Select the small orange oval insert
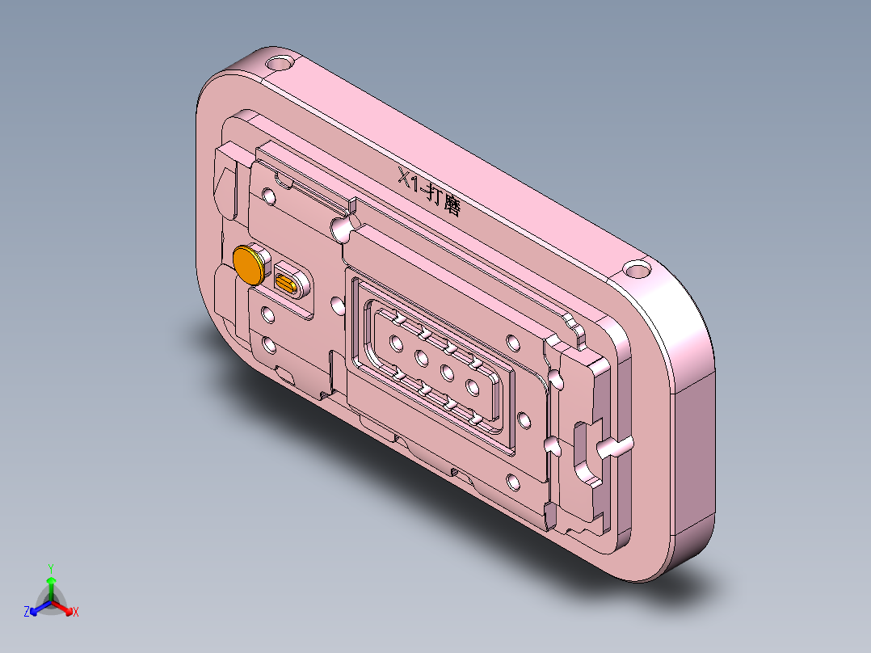click(x=288, y=282)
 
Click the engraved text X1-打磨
click(x=429, y=191)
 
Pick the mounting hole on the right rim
click(x=637, y=268)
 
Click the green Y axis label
click(x=50, y=567)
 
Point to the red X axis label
click(x=76, y=612)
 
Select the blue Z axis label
click(x=27, y=612)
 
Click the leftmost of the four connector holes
click(x=397, y=343)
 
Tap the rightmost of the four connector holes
click(x=473, y=385)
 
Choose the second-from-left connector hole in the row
click(x=421, y=357)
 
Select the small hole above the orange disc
click(x=267, y=196)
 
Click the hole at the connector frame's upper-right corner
click(x=511, y=341)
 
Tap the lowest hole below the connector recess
click(x=513, y=484)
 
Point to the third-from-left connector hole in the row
click(x=447, y=372)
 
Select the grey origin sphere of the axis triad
click(x=51, y=602)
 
